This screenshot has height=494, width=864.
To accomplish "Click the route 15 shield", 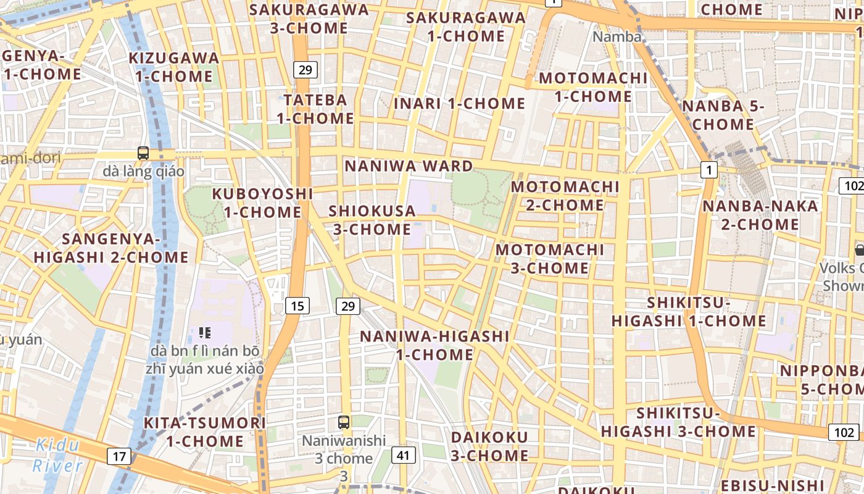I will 297,305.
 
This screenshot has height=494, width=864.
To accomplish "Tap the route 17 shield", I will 119,456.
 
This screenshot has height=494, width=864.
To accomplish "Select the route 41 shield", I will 403,456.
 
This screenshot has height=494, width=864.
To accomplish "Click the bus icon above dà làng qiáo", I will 143,153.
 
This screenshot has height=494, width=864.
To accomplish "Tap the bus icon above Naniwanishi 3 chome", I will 344,423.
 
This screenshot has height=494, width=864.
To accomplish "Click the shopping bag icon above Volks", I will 860,250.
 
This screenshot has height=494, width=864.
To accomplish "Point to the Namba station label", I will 617,36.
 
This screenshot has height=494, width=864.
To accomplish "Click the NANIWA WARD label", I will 409,165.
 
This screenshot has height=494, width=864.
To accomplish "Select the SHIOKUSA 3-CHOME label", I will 372,220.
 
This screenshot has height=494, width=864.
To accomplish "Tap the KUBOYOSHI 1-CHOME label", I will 262,203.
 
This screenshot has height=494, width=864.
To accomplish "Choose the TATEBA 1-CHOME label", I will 315,109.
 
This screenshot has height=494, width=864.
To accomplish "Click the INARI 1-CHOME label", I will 459,103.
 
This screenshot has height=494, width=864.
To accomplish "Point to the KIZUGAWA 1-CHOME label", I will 174,67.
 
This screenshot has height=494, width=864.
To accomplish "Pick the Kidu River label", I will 57,455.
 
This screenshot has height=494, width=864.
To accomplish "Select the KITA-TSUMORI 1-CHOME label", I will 204,432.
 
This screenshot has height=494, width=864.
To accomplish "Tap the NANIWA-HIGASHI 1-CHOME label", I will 434,345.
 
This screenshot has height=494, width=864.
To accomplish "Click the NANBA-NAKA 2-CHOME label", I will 760,214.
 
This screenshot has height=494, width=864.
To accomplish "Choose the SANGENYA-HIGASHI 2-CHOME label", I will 111,248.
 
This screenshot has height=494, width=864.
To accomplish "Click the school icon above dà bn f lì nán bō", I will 205,333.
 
